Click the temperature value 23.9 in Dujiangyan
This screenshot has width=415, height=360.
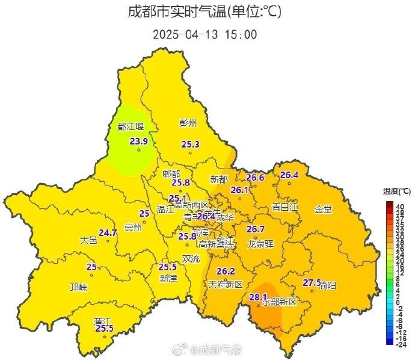coord(139,141)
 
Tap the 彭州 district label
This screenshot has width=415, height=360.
coord(188,123)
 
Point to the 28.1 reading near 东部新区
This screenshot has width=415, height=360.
coord(257,297)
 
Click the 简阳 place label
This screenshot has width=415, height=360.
coord(328,284)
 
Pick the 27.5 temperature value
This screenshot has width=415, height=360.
coord(311,282)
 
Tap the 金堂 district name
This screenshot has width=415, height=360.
coord(323,209)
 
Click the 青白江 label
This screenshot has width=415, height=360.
coord(285,207)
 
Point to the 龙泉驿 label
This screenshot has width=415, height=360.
coord(260,244)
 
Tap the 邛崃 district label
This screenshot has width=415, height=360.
coord(78,287)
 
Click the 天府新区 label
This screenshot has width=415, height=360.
coord(226,284)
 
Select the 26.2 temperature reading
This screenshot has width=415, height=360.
coord(226,271)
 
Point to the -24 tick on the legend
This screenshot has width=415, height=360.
coord(400,344)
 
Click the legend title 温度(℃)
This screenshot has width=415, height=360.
coord(396,191)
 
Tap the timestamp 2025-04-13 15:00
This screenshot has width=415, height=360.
coord(204,34)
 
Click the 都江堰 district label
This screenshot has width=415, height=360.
coord(131,126)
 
